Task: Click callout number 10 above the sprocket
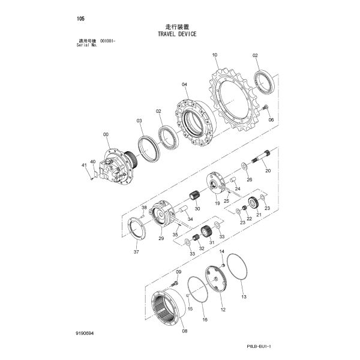(214, 55)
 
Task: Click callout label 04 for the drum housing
(185, 85)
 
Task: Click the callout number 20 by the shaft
(268, 171)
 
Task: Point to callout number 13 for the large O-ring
(244, 296)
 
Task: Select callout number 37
(136, 253)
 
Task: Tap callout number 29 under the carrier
(161, 239)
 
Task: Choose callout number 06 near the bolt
(271, 119)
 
